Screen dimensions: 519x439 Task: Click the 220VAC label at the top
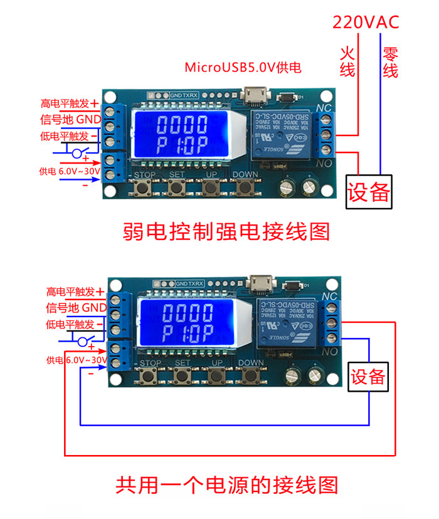pos(366,23)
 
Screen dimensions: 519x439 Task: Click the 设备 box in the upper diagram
pos(369,191)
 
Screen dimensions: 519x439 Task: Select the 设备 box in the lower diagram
pos(368,376)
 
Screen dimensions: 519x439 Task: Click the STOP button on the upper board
pos(145,186)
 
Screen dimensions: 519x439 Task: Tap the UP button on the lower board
pos(217,375)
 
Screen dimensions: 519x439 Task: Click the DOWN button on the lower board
pos(251,375)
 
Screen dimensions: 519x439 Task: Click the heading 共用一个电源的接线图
pos(226,485)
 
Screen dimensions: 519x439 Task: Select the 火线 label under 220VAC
pos(347,61)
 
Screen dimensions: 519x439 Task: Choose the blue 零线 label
pos(390,63)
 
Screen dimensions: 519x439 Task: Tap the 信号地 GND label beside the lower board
pos(76,308)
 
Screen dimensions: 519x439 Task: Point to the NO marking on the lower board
pos(329,352)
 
